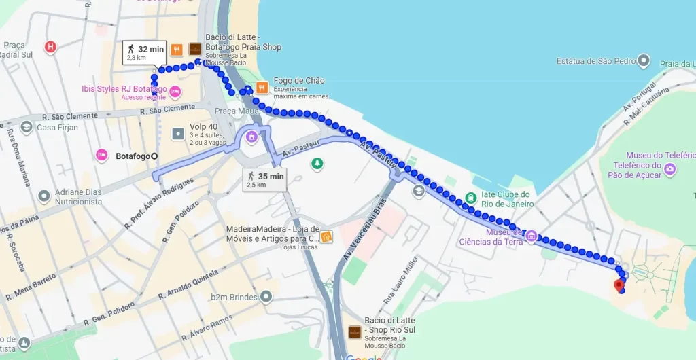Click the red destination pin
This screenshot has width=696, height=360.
(619, 285)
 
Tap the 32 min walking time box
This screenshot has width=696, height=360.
(144, 52)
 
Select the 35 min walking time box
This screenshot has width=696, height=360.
(265, 179)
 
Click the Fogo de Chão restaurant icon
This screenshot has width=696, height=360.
(262, 88)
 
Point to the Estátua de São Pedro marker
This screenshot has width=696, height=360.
(644, 61)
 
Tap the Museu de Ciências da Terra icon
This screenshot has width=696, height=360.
(532, 236)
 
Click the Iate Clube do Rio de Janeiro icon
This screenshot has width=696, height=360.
(470, 198)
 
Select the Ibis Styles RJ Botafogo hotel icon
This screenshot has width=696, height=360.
(175, 91)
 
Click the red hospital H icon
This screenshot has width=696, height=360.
(50, 47)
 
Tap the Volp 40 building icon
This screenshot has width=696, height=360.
(178, 134)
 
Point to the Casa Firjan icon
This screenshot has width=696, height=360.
(26, 127)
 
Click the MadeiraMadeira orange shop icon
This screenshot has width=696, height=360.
(327, 237)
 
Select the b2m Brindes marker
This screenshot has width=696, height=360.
(266, 296)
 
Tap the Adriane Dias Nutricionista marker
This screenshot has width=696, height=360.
(44, 196)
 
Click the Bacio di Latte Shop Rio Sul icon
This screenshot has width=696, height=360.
(355, 332)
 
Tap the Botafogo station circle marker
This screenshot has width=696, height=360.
(154, 156)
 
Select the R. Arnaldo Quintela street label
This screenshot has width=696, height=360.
(189, 284)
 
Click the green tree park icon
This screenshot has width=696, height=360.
(316, 163)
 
